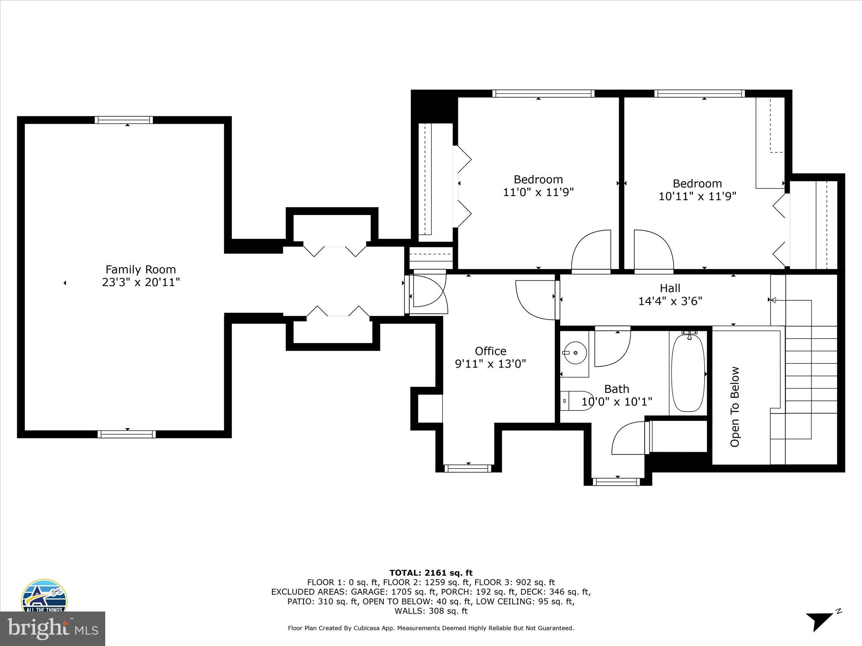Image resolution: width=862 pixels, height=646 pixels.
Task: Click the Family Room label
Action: pos(141,269)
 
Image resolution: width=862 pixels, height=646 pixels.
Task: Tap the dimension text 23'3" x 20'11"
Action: pos(141,282)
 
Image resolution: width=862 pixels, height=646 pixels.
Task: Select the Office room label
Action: pos(490,351)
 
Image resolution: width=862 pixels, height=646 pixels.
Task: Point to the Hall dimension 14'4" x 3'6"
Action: pos(670,301)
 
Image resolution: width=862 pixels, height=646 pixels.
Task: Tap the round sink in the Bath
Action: pos(575,352)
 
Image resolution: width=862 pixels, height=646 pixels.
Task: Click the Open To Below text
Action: pos(735,407)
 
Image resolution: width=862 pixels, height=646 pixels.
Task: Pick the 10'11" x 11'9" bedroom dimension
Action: pos(697,196)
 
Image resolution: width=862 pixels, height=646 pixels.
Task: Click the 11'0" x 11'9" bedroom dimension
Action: pos(538,192)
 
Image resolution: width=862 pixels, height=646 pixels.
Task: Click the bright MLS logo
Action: pos(52,629)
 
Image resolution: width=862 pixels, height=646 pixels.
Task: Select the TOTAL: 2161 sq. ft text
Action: pos(431,573)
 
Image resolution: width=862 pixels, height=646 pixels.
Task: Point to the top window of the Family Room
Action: pos(124,120)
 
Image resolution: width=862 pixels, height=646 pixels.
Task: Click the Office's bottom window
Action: pos(468,468)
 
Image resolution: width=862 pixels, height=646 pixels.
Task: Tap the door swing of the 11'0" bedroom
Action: pos(591,250)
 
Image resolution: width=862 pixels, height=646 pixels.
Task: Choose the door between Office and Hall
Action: pos(535,299)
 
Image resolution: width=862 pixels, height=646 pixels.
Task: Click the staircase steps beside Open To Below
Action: pos(811,370)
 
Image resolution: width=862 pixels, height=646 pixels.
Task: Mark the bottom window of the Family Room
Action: pos(127,434)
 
